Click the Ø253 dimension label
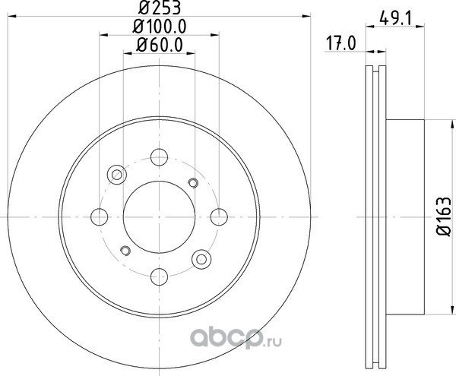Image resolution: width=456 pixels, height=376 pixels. [160, 8]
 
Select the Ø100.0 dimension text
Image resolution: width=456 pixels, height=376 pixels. [160, 27]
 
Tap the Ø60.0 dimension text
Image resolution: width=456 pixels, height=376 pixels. [160, 46]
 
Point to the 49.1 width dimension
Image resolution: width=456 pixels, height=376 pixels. [395, 20]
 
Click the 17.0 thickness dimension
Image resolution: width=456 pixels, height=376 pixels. [340, 43]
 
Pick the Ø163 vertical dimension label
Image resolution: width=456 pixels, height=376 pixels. [444, 216]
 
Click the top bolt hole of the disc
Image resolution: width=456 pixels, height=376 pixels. [159, 157]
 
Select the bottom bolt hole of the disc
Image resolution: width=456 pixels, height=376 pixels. [159, 276]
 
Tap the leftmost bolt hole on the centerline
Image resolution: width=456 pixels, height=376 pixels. [100, 216]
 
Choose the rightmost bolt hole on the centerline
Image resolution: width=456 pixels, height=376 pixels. [219, 216]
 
